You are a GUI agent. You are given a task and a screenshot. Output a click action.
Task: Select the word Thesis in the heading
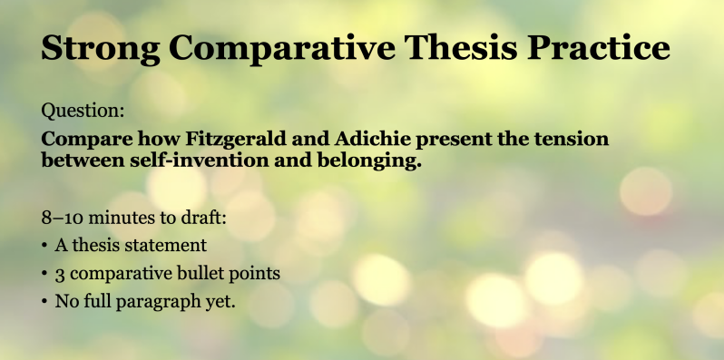tap(460, 47)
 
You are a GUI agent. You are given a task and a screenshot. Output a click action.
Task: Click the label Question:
tap(83, 111)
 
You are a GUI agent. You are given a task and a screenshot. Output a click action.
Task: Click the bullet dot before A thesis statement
tap(44, 246)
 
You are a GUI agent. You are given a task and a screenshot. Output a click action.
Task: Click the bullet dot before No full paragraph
tap(44, 302)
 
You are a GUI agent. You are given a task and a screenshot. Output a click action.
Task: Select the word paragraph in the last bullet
tap(158, 303)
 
